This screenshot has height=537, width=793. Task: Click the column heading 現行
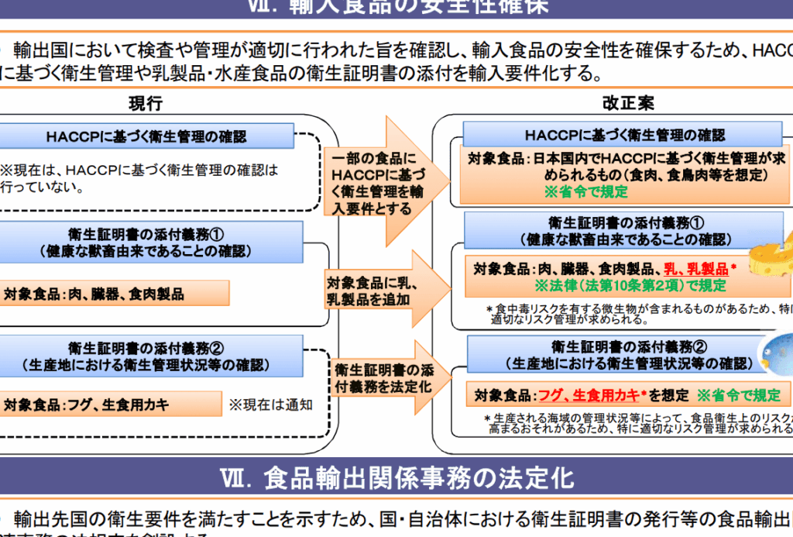[x=146, y=104]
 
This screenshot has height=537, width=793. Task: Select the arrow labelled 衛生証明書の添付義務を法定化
[x=383, y=377]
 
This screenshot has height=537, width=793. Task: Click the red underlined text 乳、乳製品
[x=696, y=270]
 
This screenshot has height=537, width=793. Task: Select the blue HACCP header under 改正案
[x=625, y=135]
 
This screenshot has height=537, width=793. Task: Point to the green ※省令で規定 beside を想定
[x=739, y=395]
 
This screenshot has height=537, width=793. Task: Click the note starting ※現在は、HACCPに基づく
[x=139, y=177]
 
